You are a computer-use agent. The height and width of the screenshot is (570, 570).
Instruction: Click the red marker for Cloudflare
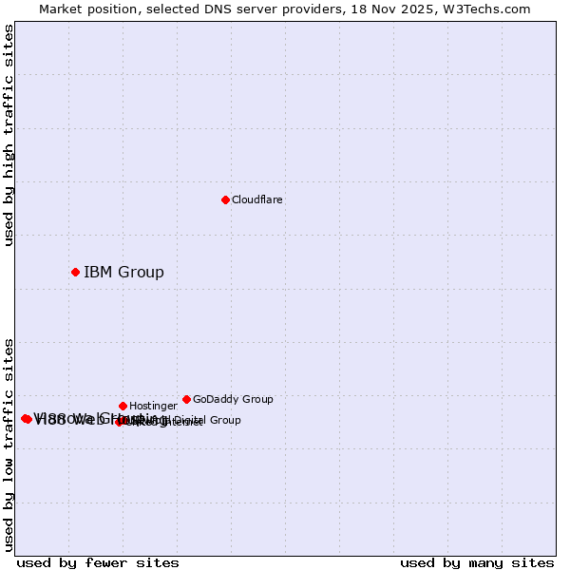pyautogui.click(x=225, y=199)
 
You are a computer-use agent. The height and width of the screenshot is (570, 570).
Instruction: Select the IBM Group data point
pyautogui.click(x=75, y=273)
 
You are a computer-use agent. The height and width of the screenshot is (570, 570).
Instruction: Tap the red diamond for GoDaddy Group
pyautogui.click(x=186, y=399)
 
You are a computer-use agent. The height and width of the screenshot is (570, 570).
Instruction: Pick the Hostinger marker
pyautogui.click(x=123, y=406)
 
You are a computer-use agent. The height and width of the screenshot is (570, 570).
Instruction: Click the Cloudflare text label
pyautogui.click(x=257, y=200)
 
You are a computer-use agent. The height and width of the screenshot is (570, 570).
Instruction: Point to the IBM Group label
pyautogui.click(x=123, y=273)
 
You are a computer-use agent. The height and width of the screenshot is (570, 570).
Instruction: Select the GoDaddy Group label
pyautogui.click(x=233, y=400)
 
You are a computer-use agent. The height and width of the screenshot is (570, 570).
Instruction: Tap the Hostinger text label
pyautogui.click(x=153, y=407)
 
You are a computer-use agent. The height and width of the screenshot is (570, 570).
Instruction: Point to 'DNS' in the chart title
pyautogui.click(x=220, y=9)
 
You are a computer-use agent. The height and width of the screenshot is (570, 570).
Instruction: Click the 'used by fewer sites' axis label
pyautogui.click(x=98, y=562)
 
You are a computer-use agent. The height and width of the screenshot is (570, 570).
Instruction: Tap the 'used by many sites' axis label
pyautogui.click(x=477, y=562)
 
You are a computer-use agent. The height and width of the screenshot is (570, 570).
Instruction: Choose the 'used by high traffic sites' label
pyautogui.click(x=9, y=135)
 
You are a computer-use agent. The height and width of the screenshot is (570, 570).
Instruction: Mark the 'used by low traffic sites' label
pyautogui.click(x=9, y=444)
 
